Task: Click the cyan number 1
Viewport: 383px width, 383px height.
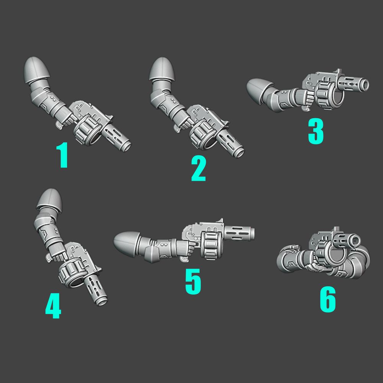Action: coord(63,155)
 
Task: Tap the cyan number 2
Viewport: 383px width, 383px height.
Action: coord(198,169)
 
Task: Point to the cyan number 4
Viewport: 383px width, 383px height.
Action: coord(53,306)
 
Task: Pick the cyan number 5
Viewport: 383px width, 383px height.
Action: coord(193,281)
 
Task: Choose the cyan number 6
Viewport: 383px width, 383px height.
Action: coord(328,299)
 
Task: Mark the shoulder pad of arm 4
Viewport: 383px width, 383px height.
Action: coord(49,200)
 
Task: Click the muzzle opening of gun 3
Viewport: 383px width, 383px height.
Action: coord(366,85)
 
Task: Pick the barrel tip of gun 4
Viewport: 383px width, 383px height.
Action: coord(102,302)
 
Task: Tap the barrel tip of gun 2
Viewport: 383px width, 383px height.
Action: coord(238,153)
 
